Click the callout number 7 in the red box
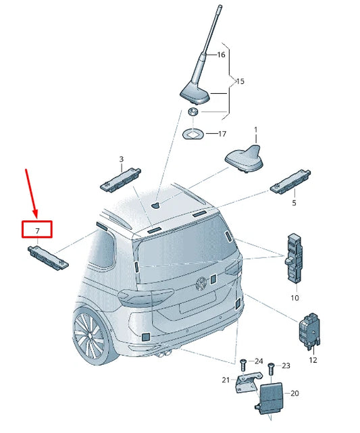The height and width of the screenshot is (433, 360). click(x=38, y=230)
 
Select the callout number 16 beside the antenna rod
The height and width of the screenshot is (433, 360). click(x=221, y=55)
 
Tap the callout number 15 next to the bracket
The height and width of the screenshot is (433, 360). click(x=239, y=82)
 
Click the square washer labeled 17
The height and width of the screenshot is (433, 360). click(x=193, y=134)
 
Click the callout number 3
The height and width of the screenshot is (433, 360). click(x=121, y=159)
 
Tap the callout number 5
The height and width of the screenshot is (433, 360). click(x=294, y=202)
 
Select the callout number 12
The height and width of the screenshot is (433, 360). click(x=312, y=360)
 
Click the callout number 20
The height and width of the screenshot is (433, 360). click(x=294, y=392)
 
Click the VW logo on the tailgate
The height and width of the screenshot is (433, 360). click(x=201, y=284)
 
